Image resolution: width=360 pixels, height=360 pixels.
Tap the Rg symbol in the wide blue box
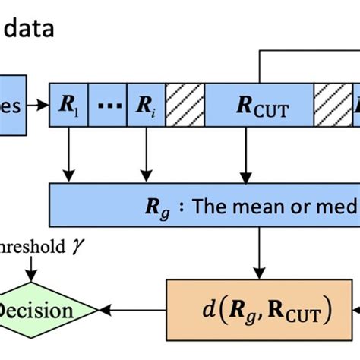coord(157,204)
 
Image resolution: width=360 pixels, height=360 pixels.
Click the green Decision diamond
coord(46,310)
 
